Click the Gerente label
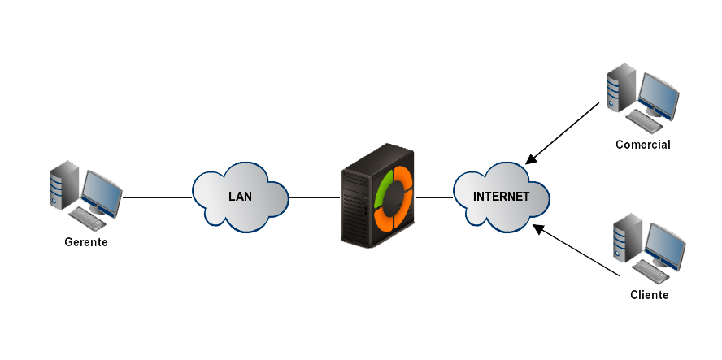click(85, 242)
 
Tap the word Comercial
click(642, 145)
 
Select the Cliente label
click(649, 295)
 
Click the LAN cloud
click(240, 197)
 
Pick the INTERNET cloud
click(501, 197)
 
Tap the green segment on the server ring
click(381, 189)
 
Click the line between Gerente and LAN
click(157, 197)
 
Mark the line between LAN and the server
click(315, 197)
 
